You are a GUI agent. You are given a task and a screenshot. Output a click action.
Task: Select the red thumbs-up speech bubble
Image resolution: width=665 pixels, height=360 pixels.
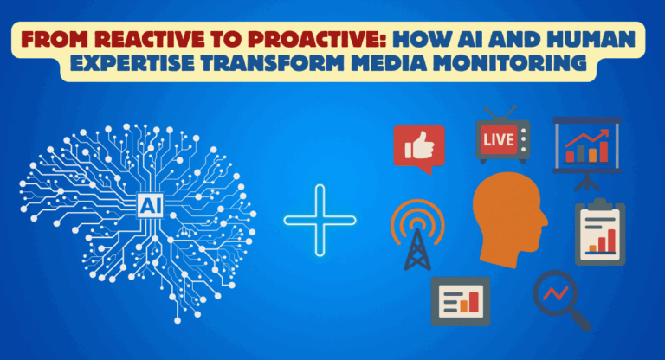[418, 145]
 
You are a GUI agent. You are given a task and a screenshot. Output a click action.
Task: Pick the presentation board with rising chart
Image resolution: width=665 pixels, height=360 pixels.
[587, 148]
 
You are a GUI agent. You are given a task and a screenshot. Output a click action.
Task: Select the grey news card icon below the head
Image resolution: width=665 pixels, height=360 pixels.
[460, 300]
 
